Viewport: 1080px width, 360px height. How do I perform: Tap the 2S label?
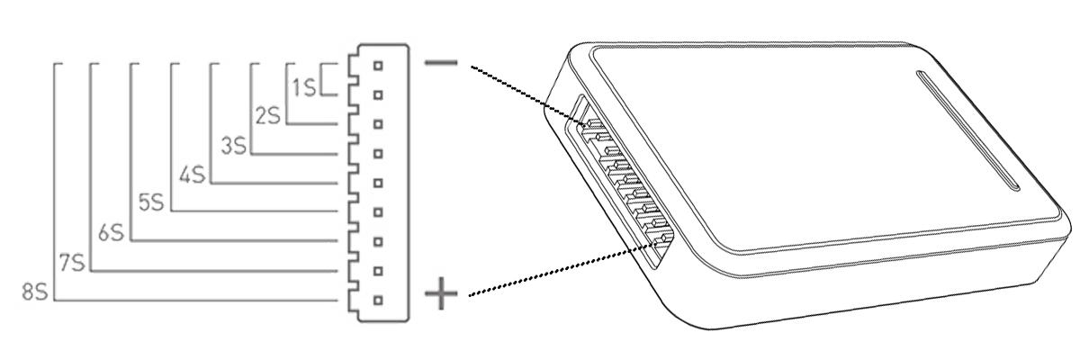[x=267, y=115]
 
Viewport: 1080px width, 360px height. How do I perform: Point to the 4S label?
[x=193, y=174]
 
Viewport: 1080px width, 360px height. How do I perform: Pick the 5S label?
[x=151, y=202]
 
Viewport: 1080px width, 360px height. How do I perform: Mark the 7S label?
[x=71, y=263]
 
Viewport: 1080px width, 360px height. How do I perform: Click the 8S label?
[x=34, y=291]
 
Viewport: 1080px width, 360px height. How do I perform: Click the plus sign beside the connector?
[x=441, y=292]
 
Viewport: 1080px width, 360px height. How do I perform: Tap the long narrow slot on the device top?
[x=967, y=130]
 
